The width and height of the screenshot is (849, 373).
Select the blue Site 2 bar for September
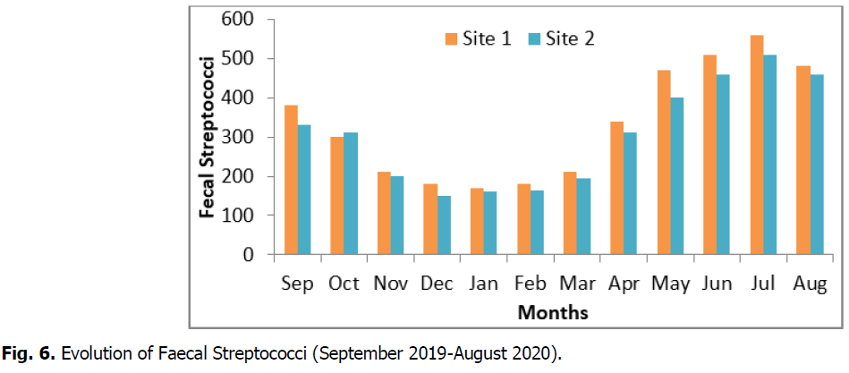(x=304, y=190)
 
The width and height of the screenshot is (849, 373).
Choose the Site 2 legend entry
(x=561, y=38)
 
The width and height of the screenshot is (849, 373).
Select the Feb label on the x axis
(x=531, y=284)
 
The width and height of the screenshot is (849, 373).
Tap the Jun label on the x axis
(x=717, y=284)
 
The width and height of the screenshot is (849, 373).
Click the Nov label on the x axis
(x=390, y=284)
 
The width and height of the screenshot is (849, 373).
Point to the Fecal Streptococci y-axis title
(x=208, y=137)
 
